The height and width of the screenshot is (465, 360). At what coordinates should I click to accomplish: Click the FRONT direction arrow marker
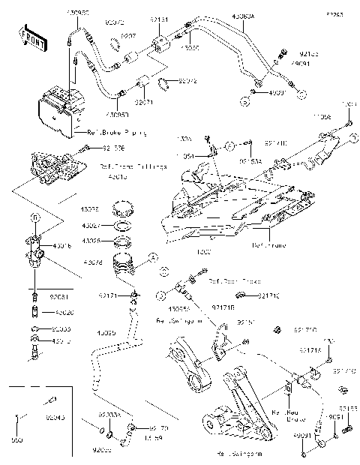[x=31, y=35]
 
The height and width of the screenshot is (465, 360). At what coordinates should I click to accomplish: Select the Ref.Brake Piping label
[x=117, y=132]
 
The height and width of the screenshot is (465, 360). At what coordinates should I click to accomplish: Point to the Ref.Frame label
[x=268, y=244]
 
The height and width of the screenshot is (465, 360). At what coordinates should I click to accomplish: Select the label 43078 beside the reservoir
[x=92, y=262]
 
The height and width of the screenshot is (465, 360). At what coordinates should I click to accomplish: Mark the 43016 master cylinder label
[x=62, y=245]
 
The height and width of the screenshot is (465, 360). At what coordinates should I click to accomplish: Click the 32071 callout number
[x=144, y=100]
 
